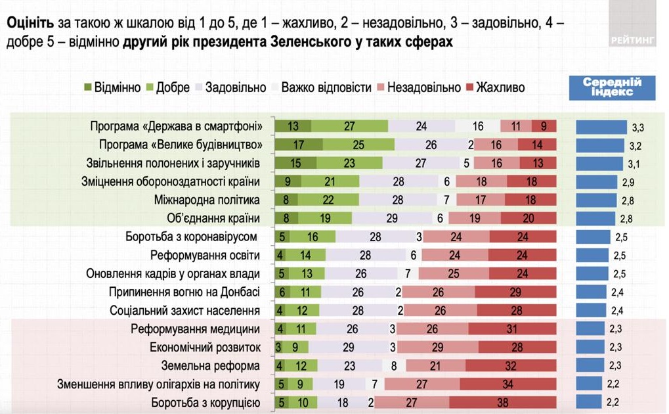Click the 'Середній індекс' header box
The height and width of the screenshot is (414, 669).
612,87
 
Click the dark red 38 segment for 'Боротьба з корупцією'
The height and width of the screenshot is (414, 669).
502,402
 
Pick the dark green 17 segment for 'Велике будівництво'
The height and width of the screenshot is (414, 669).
298,145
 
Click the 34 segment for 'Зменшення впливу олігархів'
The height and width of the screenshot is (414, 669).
507,384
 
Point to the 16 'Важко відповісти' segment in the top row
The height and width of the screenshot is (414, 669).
477,126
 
